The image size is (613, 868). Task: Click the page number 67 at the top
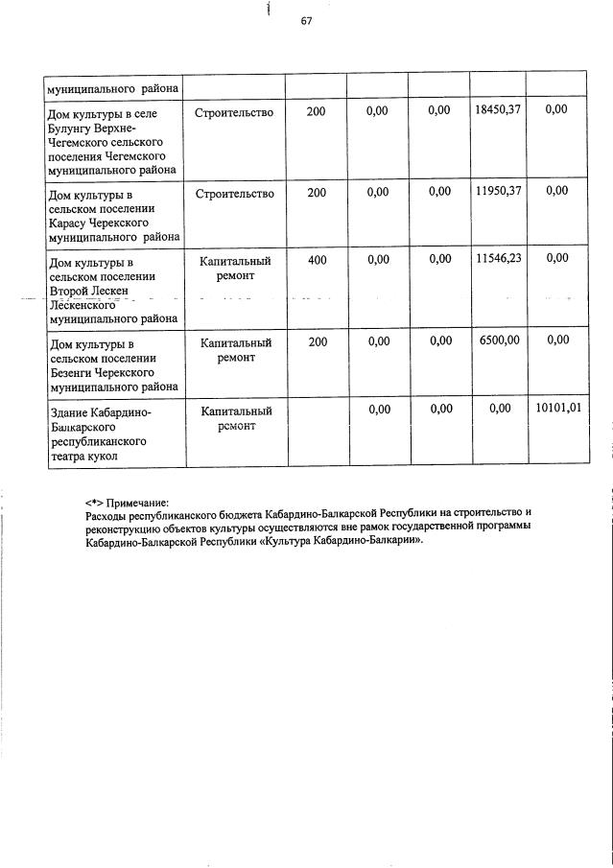click(306, 22)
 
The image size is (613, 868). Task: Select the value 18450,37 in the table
click(497, 111)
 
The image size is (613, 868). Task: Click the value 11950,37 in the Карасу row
click(497, 192)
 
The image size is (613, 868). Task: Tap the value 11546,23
click(497, 259)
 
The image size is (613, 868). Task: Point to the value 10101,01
click(557, 410)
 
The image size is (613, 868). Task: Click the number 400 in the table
click(316, 260)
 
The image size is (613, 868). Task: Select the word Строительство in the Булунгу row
click(234, 112)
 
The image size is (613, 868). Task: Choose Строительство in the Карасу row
click(234, 193)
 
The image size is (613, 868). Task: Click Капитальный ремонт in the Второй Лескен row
click(235, 268)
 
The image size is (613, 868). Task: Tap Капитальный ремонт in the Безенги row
click(235, 349)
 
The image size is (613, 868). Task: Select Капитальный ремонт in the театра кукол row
click(235, 418)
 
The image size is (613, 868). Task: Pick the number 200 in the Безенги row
click(316, 341)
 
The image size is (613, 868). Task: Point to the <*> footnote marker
click(93, 503)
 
